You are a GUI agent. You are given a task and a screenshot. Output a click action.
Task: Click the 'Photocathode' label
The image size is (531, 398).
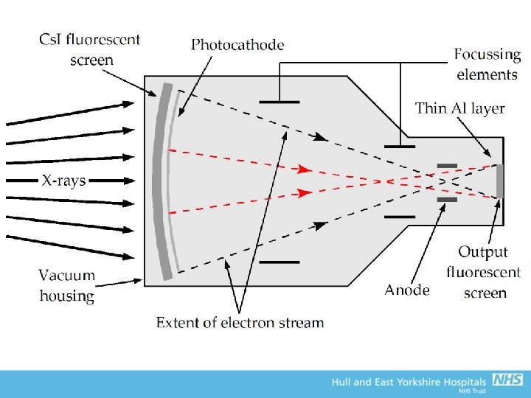tap(237, 45)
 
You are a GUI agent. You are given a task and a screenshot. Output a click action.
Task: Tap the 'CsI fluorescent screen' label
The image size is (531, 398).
tap(90, 49)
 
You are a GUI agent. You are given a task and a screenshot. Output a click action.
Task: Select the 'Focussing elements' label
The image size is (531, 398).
tap(487, 64)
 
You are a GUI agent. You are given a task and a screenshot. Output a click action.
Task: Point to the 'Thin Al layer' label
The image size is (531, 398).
tap(459, 108)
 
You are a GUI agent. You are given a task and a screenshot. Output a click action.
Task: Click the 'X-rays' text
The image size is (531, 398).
tap(63, 180)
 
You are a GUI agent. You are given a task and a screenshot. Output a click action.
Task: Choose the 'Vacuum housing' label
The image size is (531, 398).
tap(67, 285)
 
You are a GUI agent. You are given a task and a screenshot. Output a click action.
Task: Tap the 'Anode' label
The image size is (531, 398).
tap(406, 290)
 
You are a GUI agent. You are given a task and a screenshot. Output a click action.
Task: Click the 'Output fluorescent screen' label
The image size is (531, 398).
tap(484, 272)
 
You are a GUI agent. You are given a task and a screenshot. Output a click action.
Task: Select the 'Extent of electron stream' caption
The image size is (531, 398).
tap(240, 322)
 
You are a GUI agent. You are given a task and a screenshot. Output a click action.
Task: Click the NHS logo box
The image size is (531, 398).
tap(507, 380)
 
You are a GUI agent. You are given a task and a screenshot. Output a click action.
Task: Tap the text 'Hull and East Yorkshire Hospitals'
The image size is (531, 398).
tap(409, 382)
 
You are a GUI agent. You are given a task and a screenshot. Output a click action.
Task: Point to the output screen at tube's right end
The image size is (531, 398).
tap(500, 181)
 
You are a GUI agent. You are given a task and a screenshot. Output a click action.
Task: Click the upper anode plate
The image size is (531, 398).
tap(447, 165)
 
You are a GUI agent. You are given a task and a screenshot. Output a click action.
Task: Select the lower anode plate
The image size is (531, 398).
tap(447, 199)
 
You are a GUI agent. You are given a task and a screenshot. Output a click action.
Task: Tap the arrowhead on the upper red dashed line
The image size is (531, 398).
tap(302, 169)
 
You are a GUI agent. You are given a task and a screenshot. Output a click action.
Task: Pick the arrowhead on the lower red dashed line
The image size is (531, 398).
tap(302, 194)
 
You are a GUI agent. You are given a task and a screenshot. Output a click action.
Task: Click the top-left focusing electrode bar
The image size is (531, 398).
tap(280, 102)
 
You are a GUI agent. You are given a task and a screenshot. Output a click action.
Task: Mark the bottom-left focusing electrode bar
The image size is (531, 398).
tap(280, 262)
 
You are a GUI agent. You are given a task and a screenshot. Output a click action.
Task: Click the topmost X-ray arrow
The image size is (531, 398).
tap(70, 114)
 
